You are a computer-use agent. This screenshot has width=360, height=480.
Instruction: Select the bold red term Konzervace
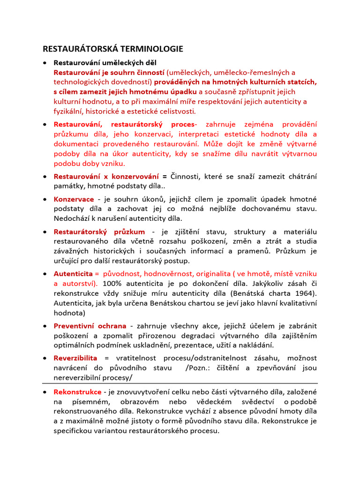74,199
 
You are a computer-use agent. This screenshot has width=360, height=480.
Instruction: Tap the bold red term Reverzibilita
75,358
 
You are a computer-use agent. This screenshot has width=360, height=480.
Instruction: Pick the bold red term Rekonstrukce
77,391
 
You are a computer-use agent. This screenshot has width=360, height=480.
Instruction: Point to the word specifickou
75,431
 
